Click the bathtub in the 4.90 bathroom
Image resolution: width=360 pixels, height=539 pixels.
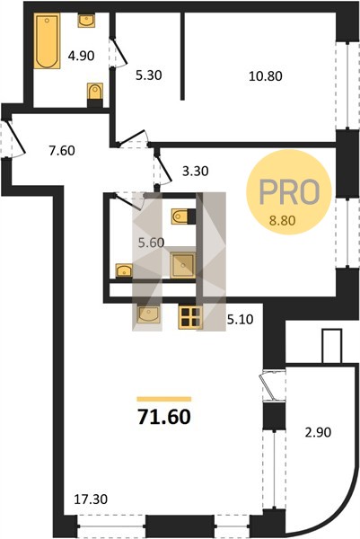pyautogui.click(x=47, y=41)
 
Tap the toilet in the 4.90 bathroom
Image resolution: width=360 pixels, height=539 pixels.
pyautogui.click(x=95, y=93)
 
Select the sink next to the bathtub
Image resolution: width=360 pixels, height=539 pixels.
pyautogui.click(x=86, y=21)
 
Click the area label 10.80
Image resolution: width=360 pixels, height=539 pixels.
pyautogui.click(x=266, y=76)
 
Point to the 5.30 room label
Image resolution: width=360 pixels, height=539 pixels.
pyautogui.click(x=148, y=75)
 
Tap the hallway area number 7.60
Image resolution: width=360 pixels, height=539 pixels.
pyautogui.click(x=62, y=151)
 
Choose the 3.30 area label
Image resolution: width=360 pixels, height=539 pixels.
pyautogui.click(x=195, y=171)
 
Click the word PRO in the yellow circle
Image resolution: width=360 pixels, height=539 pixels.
pyautogui.click(x=289, y=191)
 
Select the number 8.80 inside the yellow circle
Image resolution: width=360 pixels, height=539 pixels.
pyautogui.click(x=283, y=221)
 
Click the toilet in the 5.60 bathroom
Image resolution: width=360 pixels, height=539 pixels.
pyautogui.click(x=181, y=216)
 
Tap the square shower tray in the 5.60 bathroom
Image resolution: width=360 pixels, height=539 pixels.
pyautogui.click(x=183, y=265)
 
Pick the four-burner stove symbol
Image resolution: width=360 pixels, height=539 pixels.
pyautogui.click(x=190, y=317)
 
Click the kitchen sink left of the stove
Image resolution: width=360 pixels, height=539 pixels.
pyautogui.click(x=148, y=314)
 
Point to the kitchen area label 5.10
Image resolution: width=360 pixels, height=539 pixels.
pyautogui.click(x=241, y=320)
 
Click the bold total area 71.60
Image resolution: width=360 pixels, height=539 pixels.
pyautogui.click(x=164, y=417)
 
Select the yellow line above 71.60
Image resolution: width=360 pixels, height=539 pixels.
pyautogui.click(x=164, y=399)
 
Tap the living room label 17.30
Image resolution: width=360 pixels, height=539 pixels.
pyautogui.click(x=91, y=499)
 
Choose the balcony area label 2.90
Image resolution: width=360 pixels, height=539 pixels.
pyautogui.click(x=318, y=432)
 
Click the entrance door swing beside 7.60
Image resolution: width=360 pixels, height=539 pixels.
pyautogui.click(x=14, y=137)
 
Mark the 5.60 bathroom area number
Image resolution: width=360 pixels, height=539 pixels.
pyautogui.click(x=151, y=243)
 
